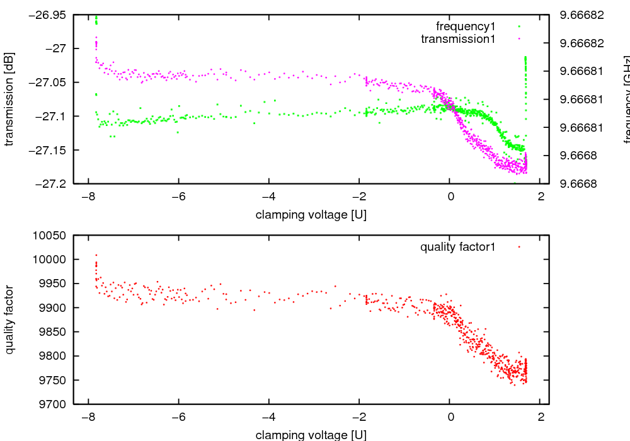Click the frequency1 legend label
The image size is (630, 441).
(466, 26)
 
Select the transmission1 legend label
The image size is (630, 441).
(458, 39)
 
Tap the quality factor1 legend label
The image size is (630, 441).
(458, 247)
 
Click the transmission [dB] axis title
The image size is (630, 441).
(9, 99)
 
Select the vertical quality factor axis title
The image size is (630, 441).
(9, 319)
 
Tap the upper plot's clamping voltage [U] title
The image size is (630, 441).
(311, 215)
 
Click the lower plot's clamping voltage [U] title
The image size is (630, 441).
(311, 435)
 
